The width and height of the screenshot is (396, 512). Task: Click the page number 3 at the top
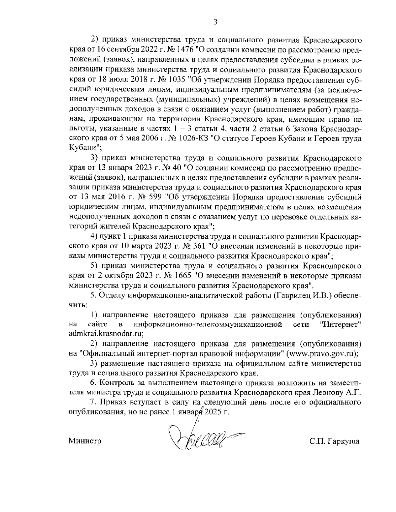coord(215,22)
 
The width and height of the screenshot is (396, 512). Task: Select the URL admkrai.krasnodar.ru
coord(106,334)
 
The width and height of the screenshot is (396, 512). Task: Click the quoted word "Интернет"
coord(340,324)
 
